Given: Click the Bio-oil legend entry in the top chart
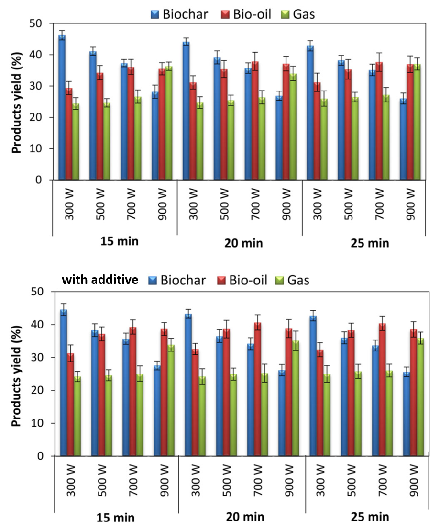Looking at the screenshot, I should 252,14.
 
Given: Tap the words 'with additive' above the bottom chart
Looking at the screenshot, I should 100,280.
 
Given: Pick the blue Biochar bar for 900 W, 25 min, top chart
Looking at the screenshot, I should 404,139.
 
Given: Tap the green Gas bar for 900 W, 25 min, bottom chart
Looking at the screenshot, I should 421,397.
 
